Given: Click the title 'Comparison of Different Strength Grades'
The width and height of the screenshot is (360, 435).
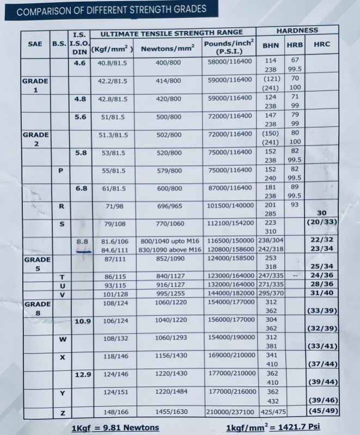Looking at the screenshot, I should pos(112,9).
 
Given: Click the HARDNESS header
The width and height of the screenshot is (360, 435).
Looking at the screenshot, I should pos(297,31).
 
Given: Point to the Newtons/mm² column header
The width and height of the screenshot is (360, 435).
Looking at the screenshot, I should pos(168,49).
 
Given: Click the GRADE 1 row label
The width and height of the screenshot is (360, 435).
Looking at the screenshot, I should pos(35,85).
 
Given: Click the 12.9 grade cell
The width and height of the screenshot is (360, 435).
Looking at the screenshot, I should pos(82,374).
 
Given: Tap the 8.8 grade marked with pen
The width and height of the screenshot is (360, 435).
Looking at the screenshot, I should pos(82,241).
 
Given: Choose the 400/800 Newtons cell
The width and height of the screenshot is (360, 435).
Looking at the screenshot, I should pos(168,63).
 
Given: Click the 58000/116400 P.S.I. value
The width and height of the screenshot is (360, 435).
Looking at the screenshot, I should pos(230,62).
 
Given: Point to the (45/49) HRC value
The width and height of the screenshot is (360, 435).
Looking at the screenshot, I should pos(324,410).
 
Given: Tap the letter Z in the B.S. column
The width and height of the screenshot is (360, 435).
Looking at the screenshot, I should pos(62,414).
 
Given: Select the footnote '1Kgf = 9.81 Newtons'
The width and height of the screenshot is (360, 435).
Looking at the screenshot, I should pos(115,427).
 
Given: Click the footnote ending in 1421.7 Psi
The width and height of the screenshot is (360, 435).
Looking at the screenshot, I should pos(273,426).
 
